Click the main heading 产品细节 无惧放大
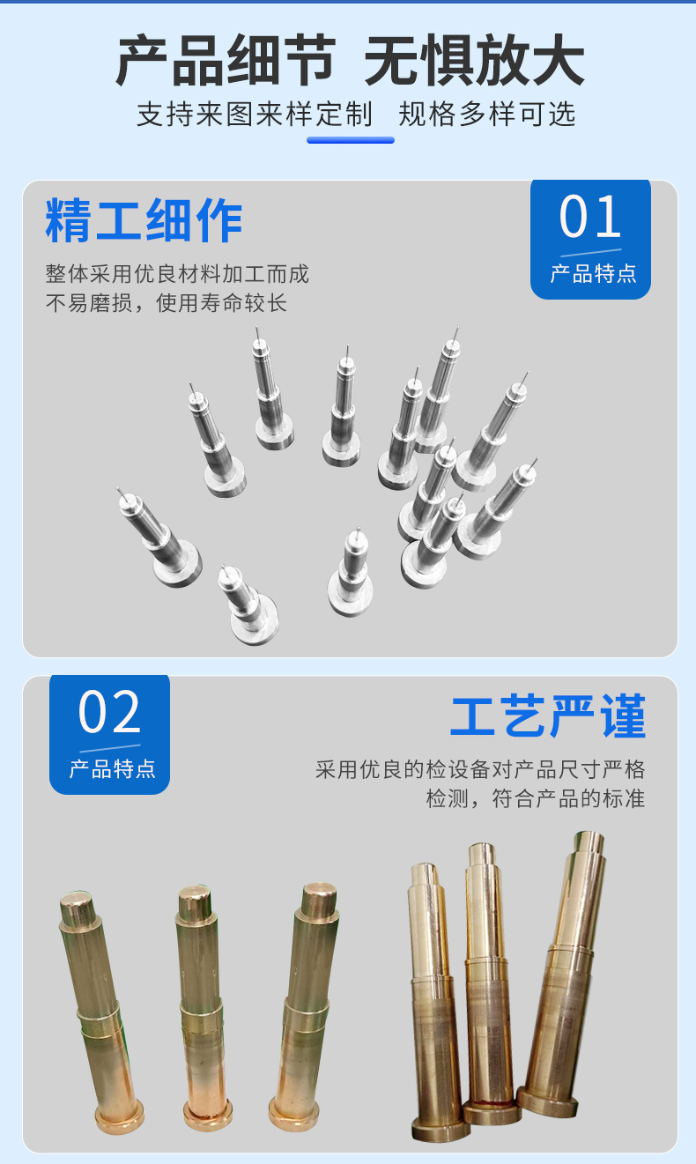(350, 62)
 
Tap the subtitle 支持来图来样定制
(255, 115)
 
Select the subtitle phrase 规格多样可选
(487, 115)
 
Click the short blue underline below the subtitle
(350, 139)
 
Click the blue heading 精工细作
(144, 220)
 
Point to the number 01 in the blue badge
(590, 218)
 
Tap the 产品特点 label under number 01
(593, 273)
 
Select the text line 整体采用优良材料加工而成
(177, 273)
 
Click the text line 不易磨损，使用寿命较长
(167, 303)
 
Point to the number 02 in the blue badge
(109, 713)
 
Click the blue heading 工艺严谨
(548, 717)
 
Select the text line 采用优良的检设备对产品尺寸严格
(480, 769)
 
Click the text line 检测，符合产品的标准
(536, 799)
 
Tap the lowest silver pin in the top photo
(249, 608)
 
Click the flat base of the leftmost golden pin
(119, 1117)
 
